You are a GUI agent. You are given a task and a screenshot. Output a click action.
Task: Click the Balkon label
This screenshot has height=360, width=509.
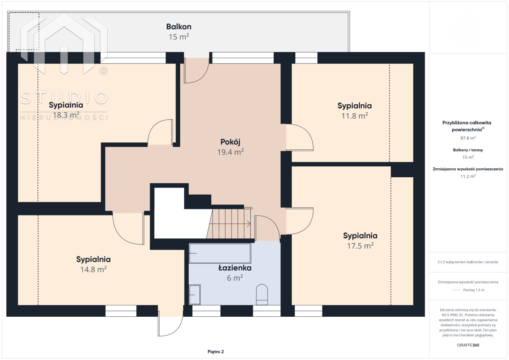point(179,27)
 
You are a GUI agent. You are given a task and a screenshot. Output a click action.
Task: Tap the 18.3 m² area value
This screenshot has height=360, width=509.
point(66,115)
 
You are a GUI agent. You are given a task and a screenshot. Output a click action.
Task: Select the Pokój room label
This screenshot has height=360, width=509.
point(230,142)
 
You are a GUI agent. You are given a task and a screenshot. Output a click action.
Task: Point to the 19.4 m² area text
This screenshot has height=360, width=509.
point(230,152)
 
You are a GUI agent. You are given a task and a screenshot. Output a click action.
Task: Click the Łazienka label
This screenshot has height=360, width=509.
point(235,268)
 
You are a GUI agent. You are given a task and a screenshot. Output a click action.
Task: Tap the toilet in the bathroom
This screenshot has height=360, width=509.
point(262,294)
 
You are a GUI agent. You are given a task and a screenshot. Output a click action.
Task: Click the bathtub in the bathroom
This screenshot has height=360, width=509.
point(220,253)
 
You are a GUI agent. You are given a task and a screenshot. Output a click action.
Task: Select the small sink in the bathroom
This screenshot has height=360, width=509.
point(195,295)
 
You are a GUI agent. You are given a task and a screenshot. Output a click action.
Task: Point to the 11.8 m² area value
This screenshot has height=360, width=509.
point(355,116)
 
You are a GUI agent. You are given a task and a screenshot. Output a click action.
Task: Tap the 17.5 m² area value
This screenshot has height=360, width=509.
point(360,246)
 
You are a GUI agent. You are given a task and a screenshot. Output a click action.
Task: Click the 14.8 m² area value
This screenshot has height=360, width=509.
point(93,269)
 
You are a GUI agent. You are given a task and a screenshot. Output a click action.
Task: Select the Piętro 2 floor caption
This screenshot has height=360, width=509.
point(215,352)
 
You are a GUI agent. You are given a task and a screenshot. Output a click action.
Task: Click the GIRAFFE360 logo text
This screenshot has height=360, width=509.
point(468,345)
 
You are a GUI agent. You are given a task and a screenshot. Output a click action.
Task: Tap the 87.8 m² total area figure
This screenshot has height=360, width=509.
point(468,138)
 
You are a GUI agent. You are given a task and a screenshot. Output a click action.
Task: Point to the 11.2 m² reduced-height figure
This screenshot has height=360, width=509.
point(468,176)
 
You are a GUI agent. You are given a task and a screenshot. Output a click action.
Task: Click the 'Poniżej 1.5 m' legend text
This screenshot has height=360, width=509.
point(474,290)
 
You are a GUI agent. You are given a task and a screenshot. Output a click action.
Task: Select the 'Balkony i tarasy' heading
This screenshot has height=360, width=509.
point(468,150)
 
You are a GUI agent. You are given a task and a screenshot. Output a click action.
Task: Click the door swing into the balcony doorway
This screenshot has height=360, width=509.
point(196,71)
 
